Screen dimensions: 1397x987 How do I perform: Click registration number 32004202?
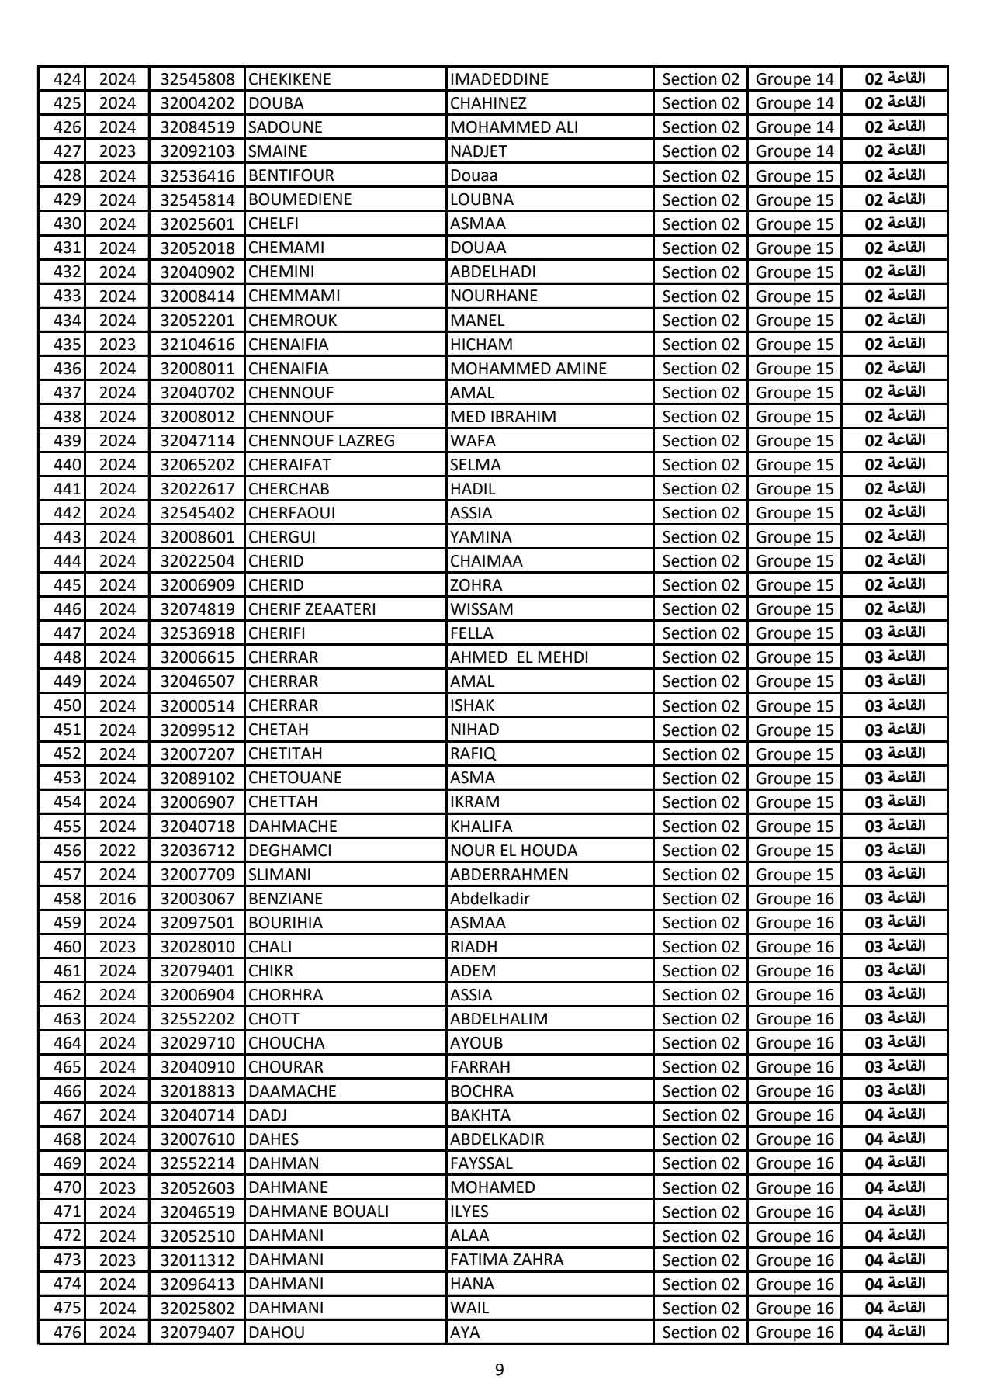click(197, 103)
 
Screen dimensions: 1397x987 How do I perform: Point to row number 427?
click(67, 151)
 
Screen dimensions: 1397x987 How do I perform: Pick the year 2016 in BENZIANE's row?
click(118, 899)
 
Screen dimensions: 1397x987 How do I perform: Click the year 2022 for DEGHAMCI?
click(118, 851)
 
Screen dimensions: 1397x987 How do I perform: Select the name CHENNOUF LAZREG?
click(321, 441)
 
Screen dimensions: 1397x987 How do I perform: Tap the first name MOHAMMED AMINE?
click(528, 369)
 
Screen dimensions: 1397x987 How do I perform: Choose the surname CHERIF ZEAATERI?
click(312, 609)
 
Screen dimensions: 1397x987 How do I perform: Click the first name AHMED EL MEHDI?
click(519, 657)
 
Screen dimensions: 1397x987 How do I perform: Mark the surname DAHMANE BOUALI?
click(318, 1212)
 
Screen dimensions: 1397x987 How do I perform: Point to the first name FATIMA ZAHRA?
click(507, 1260)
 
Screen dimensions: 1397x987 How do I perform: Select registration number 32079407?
click(197, 1333)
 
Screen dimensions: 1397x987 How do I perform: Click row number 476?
click(67, 1333)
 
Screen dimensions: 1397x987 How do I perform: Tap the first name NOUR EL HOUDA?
click(514, 851)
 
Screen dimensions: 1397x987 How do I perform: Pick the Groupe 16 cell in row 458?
click(795, 899)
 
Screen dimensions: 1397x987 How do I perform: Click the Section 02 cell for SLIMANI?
click(701, 875)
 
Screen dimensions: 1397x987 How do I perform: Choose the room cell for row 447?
click(895, 633)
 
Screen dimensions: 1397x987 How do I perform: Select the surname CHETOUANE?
click(295, 778)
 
